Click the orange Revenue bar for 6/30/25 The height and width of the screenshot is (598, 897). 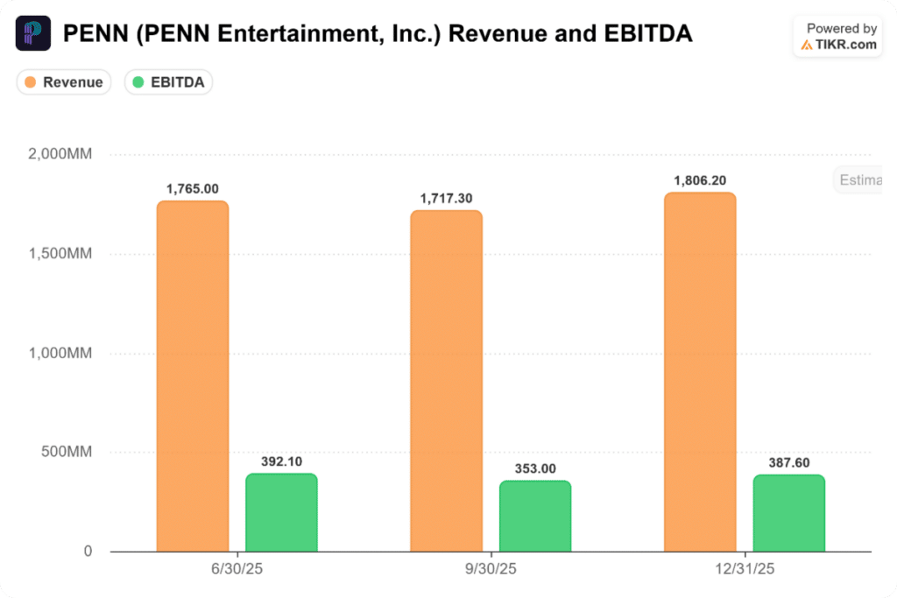point(193,376)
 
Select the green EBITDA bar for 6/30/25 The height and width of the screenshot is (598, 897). point(281,512)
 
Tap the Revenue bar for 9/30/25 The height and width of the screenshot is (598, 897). point(446,381)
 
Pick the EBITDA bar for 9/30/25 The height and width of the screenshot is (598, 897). point(535,517)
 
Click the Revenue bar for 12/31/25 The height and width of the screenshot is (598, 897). point(700,372)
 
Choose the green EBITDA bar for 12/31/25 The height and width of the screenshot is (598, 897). point(789,513)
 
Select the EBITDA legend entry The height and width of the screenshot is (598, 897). point(169,82)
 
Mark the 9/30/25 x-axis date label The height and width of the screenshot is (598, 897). point(491,569)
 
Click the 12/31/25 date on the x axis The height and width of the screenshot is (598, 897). point(745,569)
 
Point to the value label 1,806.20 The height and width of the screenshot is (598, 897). point(700,180)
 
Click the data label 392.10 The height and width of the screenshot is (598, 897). point(281,461)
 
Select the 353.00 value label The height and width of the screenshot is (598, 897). point(535,468)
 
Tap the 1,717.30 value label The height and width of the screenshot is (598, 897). point(446,199)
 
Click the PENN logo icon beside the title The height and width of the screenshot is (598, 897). point(33,34)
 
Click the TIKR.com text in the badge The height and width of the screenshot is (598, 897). point(845,45)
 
